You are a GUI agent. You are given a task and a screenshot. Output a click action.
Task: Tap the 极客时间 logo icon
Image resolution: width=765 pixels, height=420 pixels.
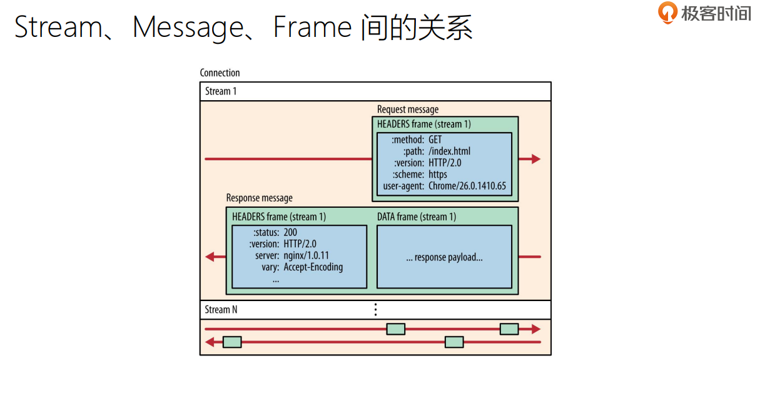(668, 13)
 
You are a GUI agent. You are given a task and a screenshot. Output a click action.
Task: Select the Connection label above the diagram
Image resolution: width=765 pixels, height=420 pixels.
(220, 73)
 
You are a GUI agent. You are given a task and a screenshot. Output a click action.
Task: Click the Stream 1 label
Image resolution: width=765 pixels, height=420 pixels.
(221, 91)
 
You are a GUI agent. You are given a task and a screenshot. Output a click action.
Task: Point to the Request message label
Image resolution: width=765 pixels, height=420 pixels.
(408, 110)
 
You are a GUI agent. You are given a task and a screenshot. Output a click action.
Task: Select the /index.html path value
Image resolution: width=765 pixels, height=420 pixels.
(449, 151)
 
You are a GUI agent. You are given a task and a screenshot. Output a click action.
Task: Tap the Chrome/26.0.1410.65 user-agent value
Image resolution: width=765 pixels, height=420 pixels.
(467, 186)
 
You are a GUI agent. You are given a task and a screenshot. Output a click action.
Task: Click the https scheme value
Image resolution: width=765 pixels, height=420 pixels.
(438, 174)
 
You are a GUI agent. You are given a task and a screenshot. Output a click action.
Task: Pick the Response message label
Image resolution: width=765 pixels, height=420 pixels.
(259, 198)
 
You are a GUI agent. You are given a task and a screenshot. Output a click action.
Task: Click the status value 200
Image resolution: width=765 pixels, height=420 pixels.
(290, 232)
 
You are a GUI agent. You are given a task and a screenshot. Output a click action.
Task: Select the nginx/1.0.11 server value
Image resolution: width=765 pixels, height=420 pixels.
(306, 255)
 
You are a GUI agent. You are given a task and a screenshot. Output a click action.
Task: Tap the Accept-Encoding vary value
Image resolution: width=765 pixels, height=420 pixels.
(313, 267)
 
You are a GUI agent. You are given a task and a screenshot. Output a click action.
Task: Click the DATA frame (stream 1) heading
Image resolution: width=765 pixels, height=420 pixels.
(417, 217)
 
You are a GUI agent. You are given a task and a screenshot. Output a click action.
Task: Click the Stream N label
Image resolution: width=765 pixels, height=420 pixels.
(221, 310)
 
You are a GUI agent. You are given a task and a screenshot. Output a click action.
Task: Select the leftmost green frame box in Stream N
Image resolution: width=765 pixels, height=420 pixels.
(232, 342)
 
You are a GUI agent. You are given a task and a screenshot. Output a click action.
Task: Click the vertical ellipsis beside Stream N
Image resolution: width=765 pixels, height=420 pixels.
(375, 309)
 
